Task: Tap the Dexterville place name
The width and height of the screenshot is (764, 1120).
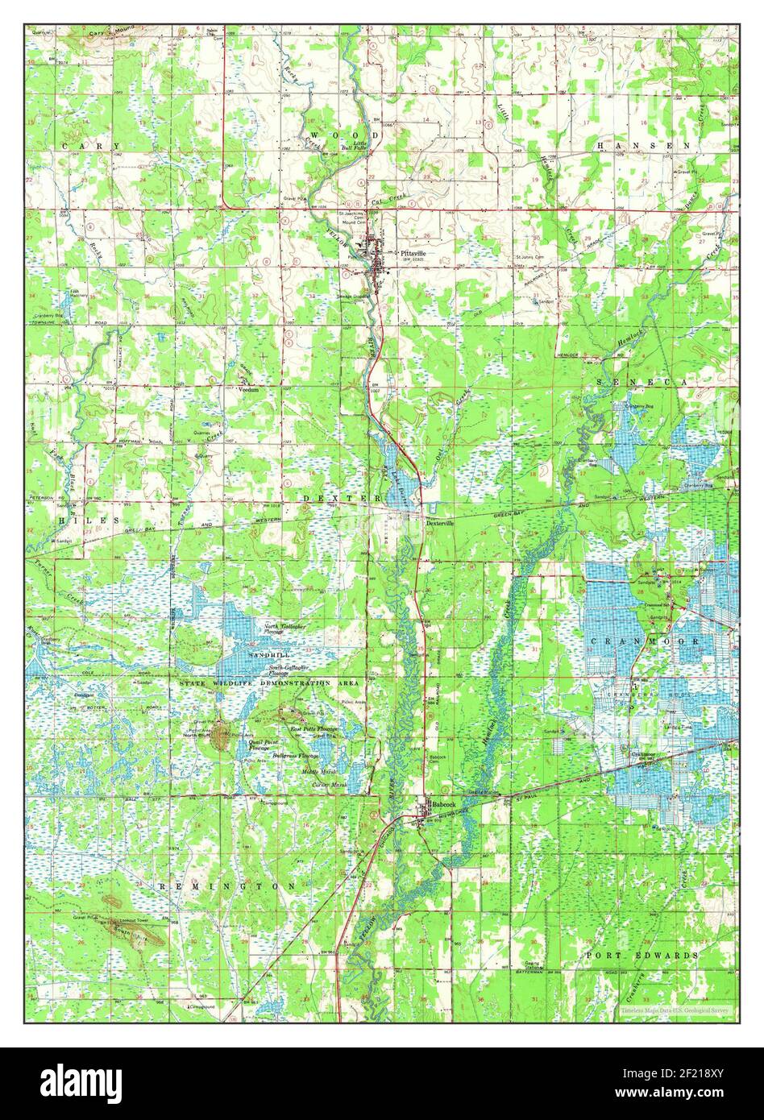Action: point(440,522)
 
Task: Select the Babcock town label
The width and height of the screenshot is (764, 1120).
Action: point(442,804)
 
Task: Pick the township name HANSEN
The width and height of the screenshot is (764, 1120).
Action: point(643,145)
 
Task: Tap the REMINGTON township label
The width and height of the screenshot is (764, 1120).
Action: point(227,886)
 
